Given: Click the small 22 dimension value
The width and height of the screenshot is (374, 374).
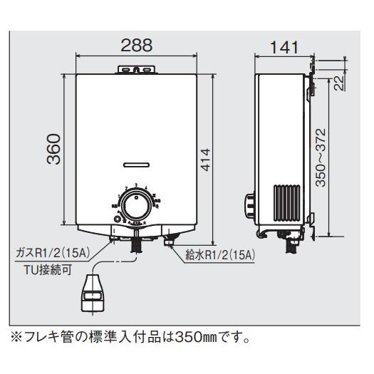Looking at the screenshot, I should click(339, 83).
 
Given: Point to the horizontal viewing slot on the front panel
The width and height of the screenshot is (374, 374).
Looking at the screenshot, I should click(135, 164).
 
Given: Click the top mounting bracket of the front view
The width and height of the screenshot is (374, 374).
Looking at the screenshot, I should click(135, 69).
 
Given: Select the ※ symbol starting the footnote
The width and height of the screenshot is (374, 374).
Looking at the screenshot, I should click(15, 333).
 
